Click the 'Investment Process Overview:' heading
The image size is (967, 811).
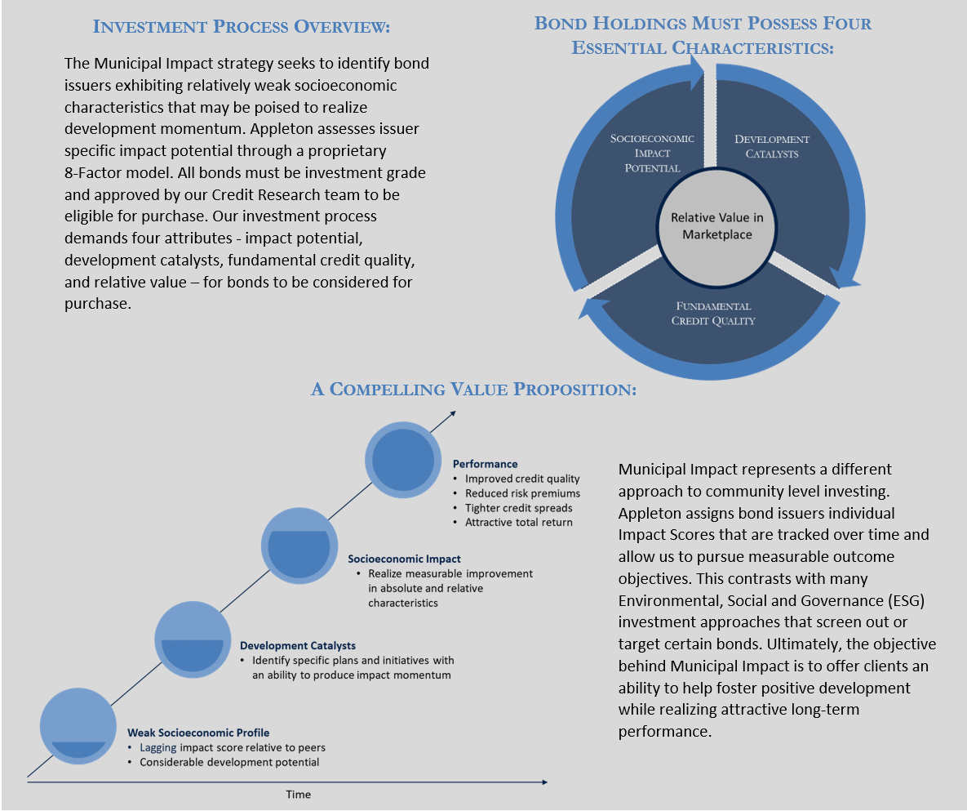click(x=241, y=26)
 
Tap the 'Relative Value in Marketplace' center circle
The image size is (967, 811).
click(x=716, y=227)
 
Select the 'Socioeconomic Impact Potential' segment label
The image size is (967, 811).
click(x=652, y=153)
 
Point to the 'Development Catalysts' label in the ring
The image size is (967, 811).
click(x=771, y=146)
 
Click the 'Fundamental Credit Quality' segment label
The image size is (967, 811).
click(x=713, y=314)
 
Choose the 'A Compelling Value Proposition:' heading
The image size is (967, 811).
click(x=473, y=389)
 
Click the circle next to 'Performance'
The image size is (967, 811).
click(x=403, y=460)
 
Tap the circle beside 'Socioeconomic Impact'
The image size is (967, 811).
click(x=299, y=546)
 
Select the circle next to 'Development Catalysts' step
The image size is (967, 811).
click(x=193, y=640)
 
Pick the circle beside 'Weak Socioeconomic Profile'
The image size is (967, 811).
click(x=78, y=726)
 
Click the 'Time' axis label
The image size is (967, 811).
click(x=299, y=795)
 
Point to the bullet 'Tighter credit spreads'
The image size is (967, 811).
click(x=519, y=508)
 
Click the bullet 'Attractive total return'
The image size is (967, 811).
click(x=519, y=522)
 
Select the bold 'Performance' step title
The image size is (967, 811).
click(x=486, y=464)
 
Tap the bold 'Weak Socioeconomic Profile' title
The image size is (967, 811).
click(x=198, y=733)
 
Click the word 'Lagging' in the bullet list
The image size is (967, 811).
click(x=157, y=748)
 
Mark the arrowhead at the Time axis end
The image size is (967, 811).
click(x=544, y=782)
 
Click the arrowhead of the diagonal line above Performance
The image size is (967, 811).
click(x=453, y=413)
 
